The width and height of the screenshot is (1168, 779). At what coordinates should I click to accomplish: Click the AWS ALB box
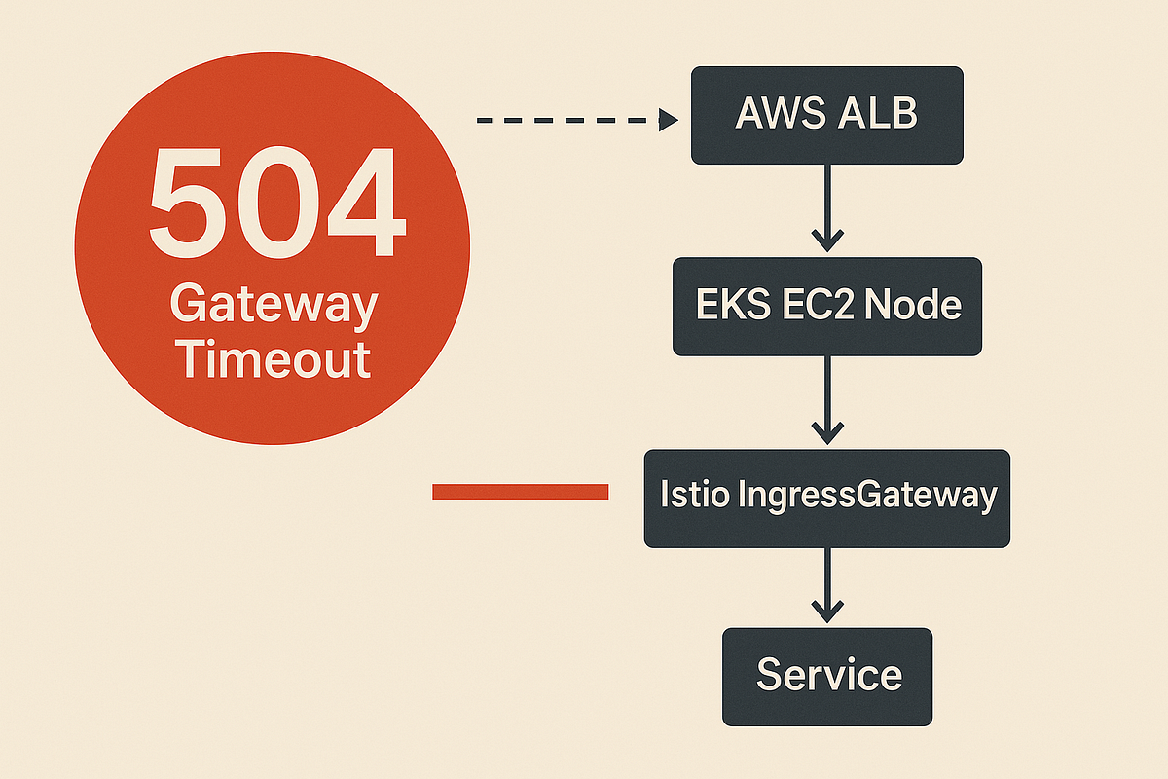pyautogui.click(x=826, y=115)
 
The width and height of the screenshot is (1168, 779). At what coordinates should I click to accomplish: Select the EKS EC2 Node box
pyautogui.click(x=826, y=306)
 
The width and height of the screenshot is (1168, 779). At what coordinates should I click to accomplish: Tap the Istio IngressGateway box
pyautogui.click(x=826, y=497)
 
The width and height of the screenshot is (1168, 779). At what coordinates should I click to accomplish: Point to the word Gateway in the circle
pyautogui.click(x=274, y=306)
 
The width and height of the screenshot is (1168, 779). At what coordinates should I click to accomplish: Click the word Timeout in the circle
pyautogui.click(x=275, y=359)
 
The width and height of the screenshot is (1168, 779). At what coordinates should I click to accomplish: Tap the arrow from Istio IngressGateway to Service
pyautogui.click(x=826, y=584)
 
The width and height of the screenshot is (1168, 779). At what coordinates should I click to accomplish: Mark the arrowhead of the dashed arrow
pyautogui.click(x=668, y=120)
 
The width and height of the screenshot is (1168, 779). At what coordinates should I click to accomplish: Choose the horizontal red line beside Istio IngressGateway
pyautogui.click(x=520, y=493)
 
